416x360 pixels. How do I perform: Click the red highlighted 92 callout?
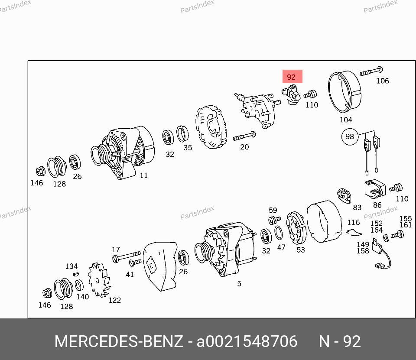point(292,77)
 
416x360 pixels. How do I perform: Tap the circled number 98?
point(350,136)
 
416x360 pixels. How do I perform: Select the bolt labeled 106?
point(371,71)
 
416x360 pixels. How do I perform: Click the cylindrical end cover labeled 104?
point(344,92)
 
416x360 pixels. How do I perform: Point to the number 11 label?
point(143,175)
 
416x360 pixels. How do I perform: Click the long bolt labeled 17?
point(126,256)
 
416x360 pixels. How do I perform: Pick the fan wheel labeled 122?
point(99,279)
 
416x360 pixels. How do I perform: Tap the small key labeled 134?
point(75,274)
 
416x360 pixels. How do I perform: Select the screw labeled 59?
point(274,220)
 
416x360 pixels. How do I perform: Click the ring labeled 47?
point(278,233)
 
